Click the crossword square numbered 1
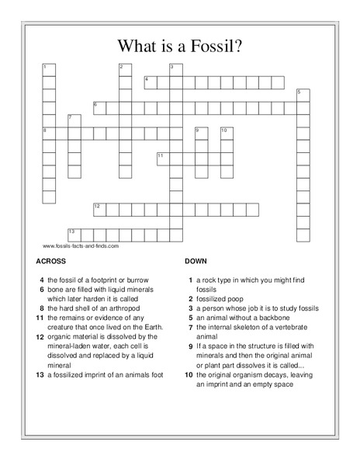[48, 69]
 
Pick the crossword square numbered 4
[150, 82]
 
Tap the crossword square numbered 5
[302, 94]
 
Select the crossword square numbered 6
[99, 106]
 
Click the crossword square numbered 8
[48, 132]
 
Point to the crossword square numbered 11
[162, 157]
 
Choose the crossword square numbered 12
[99, 208]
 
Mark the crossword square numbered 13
[74, 233]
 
